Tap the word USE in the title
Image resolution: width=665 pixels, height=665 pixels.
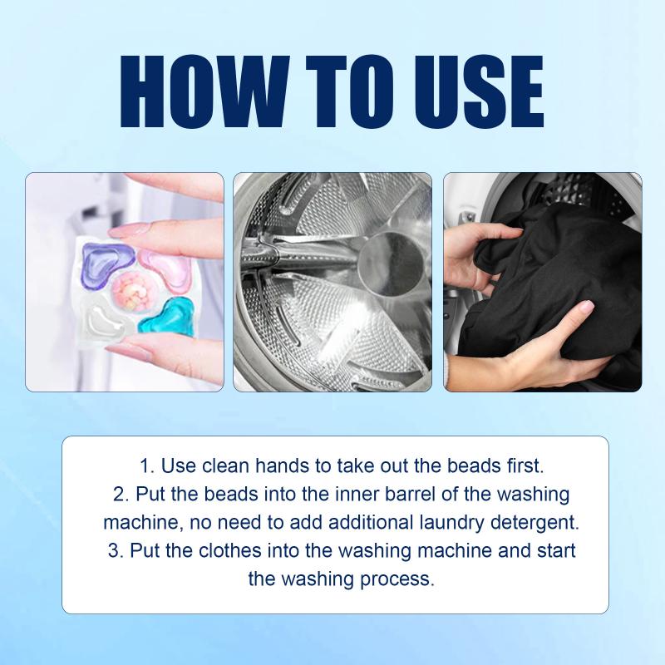[x=479, y=91]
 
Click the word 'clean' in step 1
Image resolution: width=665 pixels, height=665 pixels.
[x=225, y=465]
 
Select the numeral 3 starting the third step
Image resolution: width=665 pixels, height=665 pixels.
[x=114, y=550]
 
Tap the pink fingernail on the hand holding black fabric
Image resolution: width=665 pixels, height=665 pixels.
[x=586, y=306]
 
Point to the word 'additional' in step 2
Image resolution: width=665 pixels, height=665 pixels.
[x=372, y=523]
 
